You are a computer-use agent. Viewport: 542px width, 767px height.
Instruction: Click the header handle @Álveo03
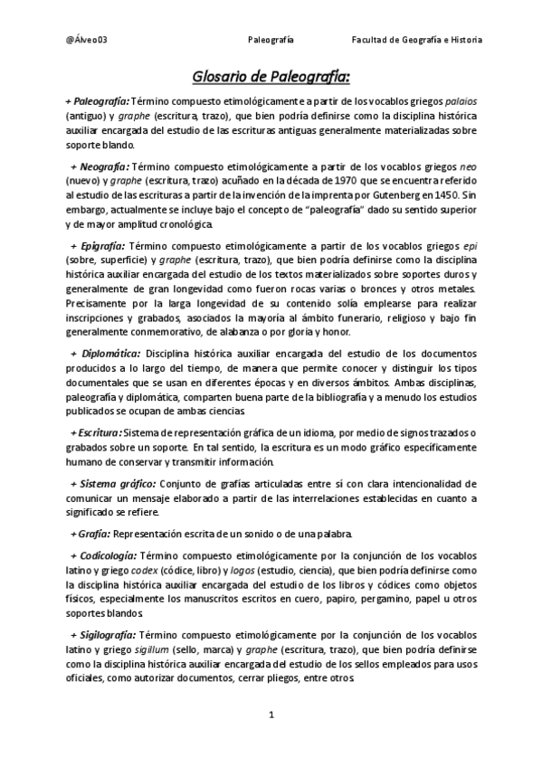coord(82,40)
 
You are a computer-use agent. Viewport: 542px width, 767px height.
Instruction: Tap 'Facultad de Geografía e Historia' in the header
coord(417,40)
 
